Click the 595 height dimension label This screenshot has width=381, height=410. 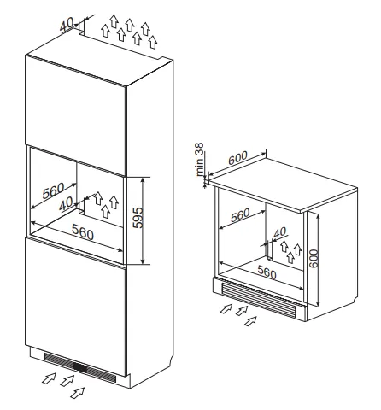(x=138, y=218)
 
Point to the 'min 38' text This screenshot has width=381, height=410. (x=200, y=159)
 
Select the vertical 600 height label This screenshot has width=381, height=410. (x=314, y=259)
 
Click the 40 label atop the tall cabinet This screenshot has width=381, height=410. (x=67, y=24)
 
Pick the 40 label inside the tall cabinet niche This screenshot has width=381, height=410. (x=66, y=204)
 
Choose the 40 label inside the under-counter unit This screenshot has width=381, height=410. (x=280, y=232)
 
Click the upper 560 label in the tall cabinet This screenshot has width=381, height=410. (x=54, y=190)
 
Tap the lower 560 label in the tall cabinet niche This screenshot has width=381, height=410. (x=83, y=231)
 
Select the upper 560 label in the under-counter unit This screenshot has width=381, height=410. (x=240, y=215)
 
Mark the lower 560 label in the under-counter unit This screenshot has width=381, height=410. (x=267, y=272)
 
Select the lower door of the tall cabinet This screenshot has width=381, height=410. (x=76, y=306)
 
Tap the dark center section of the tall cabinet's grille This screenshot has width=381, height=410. (x=80, y=367)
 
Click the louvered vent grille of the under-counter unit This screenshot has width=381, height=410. (x=259, y=301)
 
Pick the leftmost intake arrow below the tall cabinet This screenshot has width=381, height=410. (x=49, y=378)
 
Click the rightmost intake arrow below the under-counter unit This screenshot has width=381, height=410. (x=251, y=321)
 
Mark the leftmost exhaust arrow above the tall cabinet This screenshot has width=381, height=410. (x=106, y=31)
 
